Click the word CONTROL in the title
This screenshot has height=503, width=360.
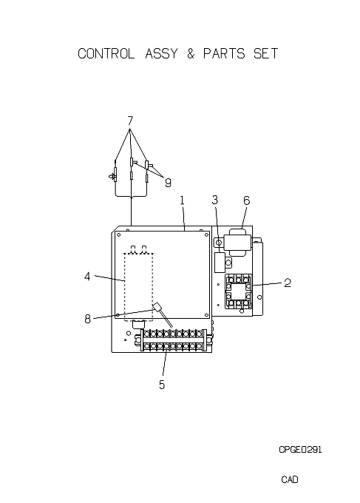pos(106,53)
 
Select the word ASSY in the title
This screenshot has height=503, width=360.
pos(161,53)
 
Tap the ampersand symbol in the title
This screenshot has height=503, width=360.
pos(191,53)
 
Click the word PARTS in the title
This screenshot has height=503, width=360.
pos(224,53)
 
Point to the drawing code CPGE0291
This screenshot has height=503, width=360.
pos(300,450)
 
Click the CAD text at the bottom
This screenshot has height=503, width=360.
pos(290,479)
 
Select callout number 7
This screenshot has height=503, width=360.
pos(130,121)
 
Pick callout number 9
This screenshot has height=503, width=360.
pos(168,183)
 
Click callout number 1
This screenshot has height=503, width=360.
pos(182,200)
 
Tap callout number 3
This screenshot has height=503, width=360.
pos(215,200)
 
